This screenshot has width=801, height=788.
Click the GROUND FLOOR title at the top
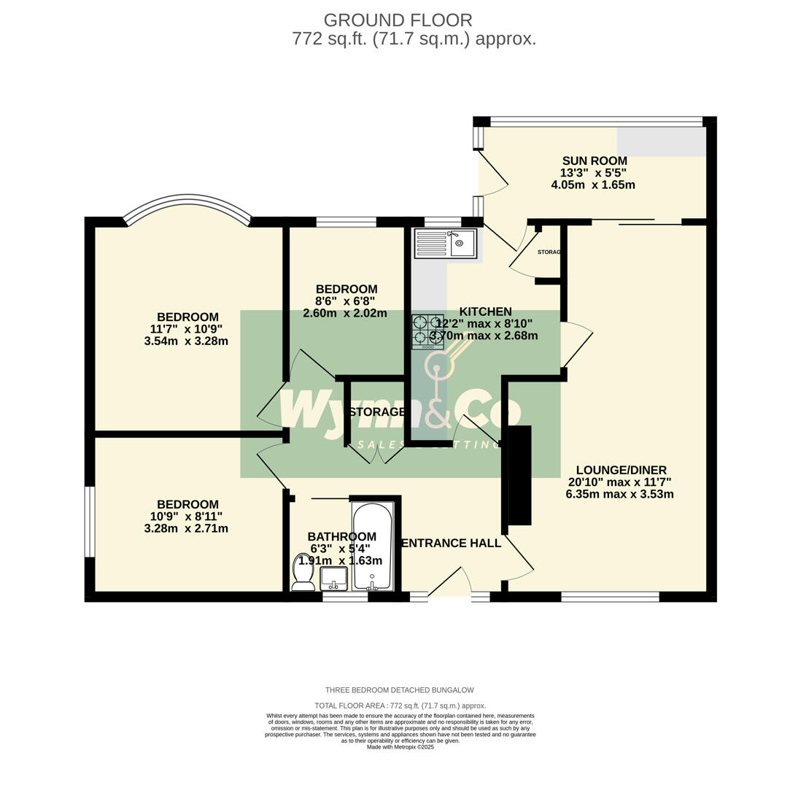[x=398, y=20]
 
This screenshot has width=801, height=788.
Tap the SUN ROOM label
[x=594, y=161]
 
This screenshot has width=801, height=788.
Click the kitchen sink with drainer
[x=445, y=244]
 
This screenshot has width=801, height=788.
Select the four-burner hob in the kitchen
[x=427, y=332]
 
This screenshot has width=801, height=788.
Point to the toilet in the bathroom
[x=303, y=573]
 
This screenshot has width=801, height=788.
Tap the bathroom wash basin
[x=333, y=578]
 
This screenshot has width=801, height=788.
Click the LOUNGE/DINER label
[x=621, y=471]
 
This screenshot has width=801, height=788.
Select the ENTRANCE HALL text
[x=452, y=543]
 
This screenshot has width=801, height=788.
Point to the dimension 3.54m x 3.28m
[x=186, y=341]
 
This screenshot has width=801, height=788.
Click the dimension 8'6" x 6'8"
[x=345, y=301]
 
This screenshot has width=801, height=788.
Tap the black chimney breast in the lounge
[x=519, y=475]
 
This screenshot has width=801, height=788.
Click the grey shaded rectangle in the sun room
[x=661, y=142]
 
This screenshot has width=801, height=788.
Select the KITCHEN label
[x=485, y=312]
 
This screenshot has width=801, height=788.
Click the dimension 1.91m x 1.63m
[x=340, y=560]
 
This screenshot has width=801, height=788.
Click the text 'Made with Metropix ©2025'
[x=400, y=747]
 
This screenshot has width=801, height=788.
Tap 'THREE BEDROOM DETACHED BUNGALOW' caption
[x=399, y=690]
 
